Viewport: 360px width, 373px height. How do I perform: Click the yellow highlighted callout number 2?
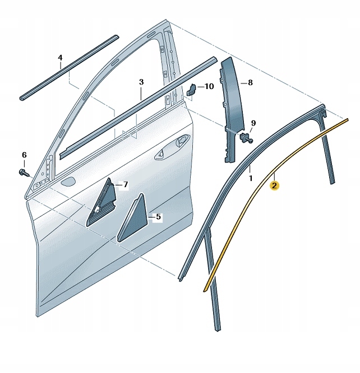(274, 185)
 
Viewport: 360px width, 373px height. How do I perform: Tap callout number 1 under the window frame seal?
(251, 178)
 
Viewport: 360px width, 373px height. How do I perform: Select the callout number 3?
(141, 82)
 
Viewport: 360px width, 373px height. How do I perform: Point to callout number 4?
(60, 58)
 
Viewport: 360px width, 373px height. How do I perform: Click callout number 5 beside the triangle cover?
(159, 217)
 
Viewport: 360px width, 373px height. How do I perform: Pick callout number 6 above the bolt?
(24, 155)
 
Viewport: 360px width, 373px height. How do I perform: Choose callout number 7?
(125, 184)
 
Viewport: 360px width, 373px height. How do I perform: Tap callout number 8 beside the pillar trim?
(250, 82)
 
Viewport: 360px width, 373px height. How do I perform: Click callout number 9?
(253, 123)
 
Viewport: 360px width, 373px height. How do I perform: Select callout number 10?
(209, 86)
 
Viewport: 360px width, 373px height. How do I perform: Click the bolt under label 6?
(24, 172)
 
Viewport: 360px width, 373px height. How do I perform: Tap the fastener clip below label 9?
(246, 138)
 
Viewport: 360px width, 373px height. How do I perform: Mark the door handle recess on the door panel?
(172, 148)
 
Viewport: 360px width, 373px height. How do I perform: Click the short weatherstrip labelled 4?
(69, 68)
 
